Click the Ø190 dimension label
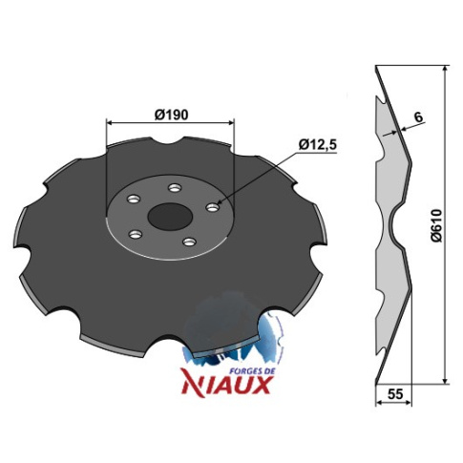click(x=171, y=115)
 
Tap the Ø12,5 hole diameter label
click(x=317, y=145)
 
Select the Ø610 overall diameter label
click(x=437, y=225)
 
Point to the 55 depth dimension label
click(x=395, y=394)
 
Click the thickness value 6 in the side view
click(x=419, y=117)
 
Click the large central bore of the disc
click(x=170, y=217)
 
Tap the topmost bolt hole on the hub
click(x=174, y=188)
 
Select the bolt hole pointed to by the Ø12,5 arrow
click(x=213, y=208)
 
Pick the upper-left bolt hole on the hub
click(x=134, y=200)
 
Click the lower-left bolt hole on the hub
click(x=135, y=235)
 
